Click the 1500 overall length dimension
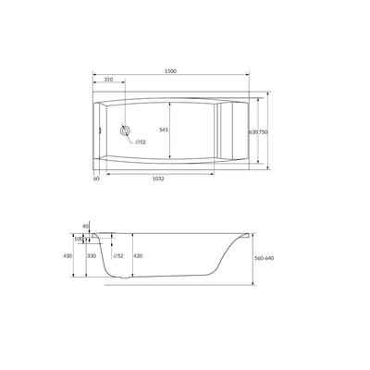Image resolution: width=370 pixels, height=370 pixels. (x=170, y=71)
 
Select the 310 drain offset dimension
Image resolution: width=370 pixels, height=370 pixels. (x=108, y=80)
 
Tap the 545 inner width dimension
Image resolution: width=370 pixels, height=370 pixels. (x=164, y=130)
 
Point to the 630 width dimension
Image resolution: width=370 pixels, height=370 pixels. (x=253, y=132)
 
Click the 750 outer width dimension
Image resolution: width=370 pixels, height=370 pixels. (x=263, y=132)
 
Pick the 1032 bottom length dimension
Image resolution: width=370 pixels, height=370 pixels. (x=159, y=179)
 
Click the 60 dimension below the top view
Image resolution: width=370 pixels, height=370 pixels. (x=96, y=179)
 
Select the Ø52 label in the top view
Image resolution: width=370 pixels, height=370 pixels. (x=141, y=142)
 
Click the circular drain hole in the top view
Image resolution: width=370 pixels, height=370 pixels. (x=125, y=130)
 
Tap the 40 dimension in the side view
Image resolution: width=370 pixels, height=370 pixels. (x=85, y=227)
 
